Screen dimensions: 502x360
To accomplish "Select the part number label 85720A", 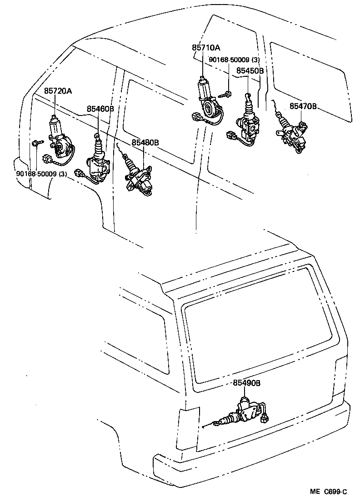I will pyautogui.click(x=58, y=91).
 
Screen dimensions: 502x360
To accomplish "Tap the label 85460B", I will pyautogui.click(x=100, y=109).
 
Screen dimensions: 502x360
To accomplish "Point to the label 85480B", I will pyautogui.click(x=145, y=143).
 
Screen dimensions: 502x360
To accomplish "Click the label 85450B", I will pyautogui.click(x=250, y=70).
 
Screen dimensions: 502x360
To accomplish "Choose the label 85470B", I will pyautogui.click(x=303, y=107).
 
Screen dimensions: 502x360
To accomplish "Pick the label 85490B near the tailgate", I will pyautogui.click(x=247, y=383).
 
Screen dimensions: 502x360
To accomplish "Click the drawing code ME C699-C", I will pyautogui.click(x=329, y=491).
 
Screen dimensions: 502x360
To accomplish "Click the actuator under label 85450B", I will pyautogui.click(x=247, y=120).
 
